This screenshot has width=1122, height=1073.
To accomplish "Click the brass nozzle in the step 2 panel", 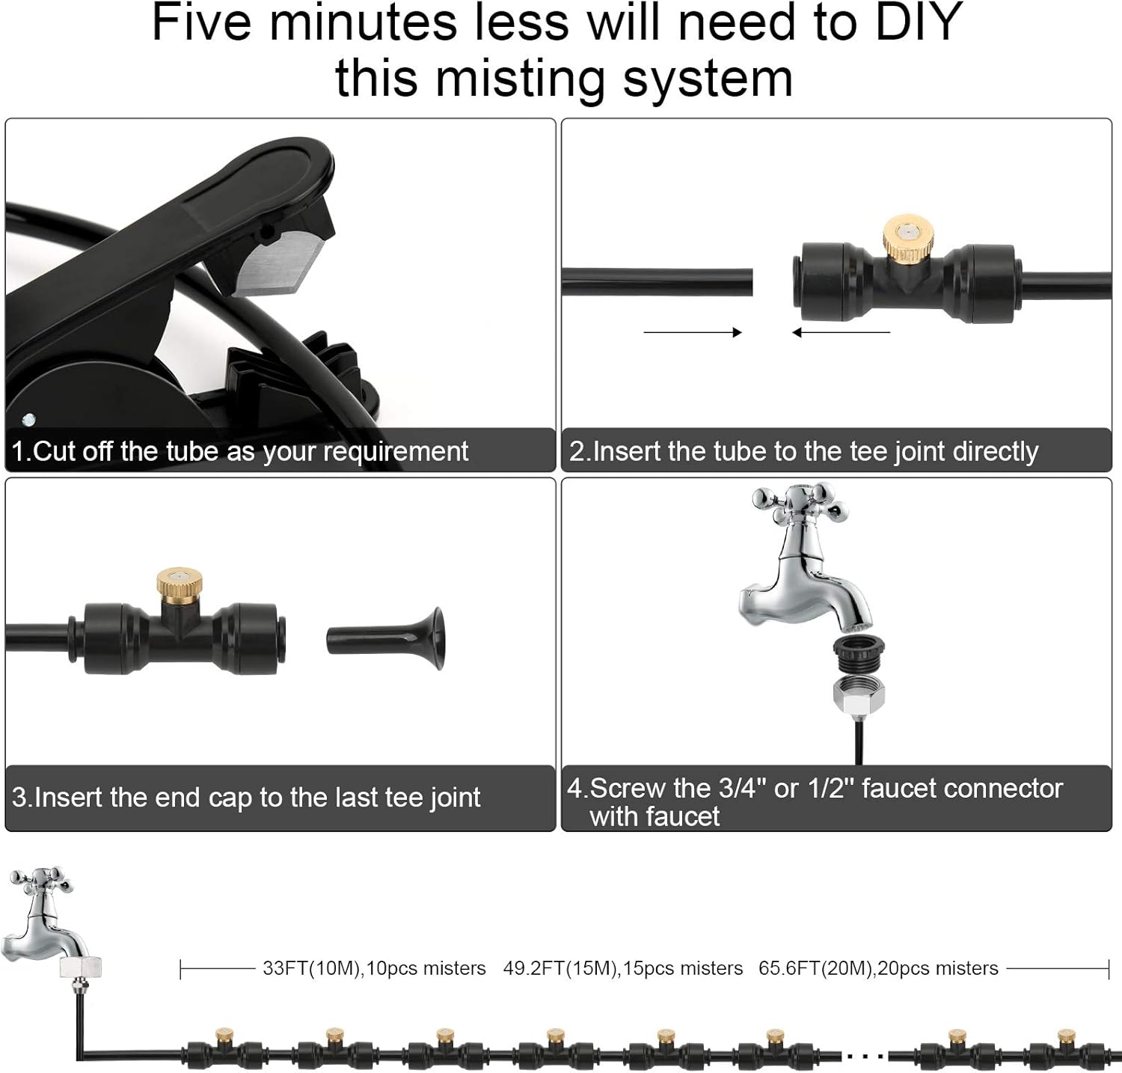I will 905,240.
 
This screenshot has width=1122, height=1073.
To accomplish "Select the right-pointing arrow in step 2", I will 692,332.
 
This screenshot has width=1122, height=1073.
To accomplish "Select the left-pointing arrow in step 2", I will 841,332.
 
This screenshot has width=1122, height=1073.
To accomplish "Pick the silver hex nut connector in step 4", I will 859,693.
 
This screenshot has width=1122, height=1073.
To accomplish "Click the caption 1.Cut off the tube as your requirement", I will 240,451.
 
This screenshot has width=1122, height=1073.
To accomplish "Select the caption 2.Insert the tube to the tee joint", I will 803,451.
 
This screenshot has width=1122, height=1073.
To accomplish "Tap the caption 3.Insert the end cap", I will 246,797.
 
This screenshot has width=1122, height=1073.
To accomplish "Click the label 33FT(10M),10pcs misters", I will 374,968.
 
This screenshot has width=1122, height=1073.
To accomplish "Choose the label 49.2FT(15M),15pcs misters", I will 622,968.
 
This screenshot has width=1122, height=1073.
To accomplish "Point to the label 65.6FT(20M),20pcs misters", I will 878,968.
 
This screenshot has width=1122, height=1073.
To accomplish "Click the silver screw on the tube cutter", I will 29,420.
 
